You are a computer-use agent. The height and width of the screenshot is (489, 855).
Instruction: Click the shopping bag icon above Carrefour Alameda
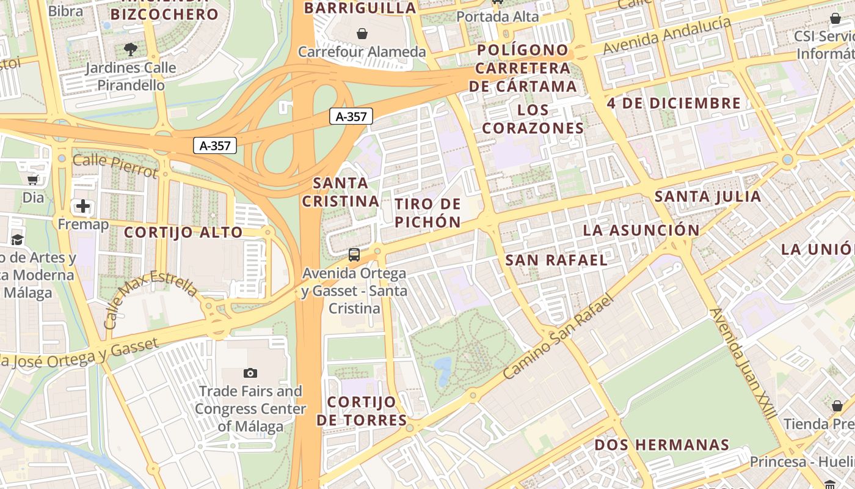click(362, 33)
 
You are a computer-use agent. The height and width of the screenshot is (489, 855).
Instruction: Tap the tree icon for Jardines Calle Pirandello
click(130, 49)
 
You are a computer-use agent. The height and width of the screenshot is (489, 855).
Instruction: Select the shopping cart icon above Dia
click(33, 180)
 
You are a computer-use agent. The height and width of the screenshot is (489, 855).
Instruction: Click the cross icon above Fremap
click(83, 206)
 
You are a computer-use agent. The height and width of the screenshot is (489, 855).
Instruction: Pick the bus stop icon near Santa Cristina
click(354, 254)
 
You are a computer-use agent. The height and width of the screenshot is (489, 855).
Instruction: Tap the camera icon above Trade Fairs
click(250, 373)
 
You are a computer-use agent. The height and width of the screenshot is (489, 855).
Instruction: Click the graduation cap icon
click(17, 240)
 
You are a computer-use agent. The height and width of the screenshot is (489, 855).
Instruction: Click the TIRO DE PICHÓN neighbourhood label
click(428, 213)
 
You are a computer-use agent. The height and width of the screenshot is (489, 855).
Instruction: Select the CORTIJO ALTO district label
click(183, 232)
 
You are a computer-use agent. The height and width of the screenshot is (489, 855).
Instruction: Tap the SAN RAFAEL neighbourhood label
click(556, 260)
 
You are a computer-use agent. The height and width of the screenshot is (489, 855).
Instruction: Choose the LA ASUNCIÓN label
click(641, 230)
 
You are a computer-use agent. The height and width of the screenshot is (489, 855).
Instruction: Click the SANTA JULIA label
click(708, 197)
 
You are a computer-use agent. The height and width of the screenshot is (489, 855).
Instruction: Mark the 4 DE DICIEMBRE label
click(674, 103)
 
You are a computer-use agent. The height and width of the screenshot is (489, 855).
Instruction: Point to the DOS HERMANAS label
click(662, 444)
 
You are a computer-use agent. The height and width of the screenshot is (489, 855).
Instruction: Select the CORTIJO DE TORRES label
click(362, 411)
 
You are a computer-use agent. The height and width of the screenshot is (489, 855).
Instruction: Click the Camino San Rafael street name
click(558, 338)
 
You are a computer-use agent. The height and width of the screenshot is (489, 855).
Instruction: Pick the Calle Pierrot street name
click(115, 166)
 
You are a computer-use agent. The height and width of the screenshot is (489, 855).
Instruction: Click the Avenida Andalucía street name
click(667, 36)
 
